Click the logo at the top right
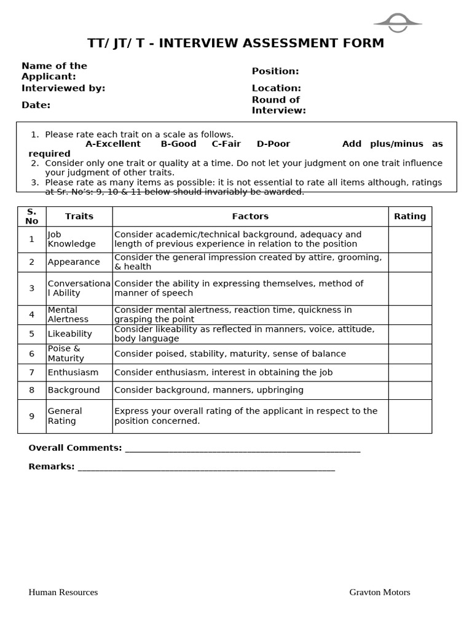[398, 23]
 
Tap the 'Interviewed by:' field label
[63, 88]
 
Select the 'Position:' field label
[275, 71]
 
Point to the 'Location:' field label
[276, 88]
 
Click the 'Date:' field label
[36, 105]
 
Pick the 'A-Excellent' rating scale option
[113, 144]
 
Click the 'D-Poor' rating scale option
[273, 144]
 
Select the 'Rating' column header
[410, 216]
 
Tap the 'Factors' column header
[250, 216]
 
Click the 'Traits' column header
[79, 216]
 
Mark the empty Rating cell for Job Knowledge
[410, 239]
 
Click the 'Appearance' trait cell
[74, 262]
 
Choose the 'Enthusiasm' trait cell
[73, 372]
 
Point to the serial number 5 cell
[31, 334]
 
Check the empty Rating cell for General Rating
[410, 416]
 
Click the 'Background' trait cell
[74, 390]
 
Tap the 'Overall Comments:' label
[75, 448]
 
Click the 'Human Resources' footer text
[63, 592]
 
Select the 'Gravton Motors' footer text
[380, 592]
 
